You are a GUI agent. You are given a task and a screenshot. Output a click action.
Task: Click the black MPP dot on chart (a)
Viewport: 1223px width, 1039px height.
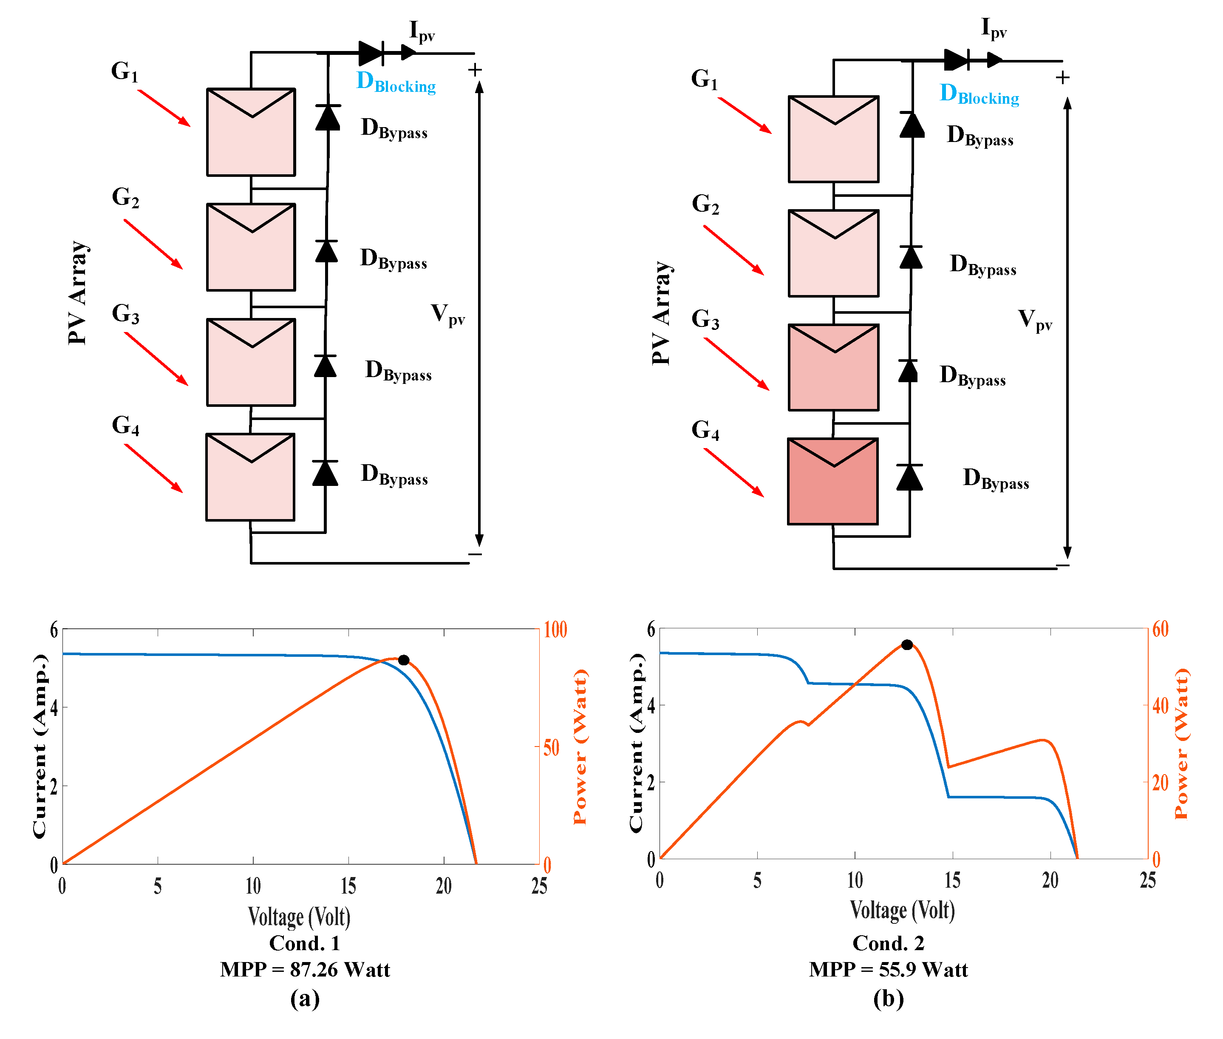click(x=403, y=660)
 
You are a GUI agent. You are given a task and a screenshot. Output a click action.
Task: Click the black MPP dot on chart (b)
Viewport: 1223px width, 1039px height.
click(x=907, y=645)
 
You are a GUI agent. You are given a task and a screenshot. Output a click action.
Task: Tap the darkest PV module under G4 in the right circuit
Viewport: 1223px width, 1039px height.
click(x=832, y=481)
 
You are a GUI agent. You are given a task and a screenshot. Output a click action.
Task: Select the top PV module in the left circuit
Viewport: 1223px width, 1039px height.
click(x=251, y=132)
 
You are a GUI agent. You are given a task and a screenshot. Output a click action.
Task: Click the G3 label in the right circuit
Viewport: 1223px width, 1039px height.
click(x=705, y=319)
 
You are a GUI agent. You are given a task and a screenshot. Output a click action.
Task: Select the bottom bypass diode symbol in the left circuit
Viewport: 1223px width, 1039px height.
click(x=325, y=473)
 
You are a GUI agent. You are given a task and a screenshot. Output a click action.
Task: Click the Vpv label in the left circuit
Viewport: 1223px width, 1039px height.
click(x=447, y=315)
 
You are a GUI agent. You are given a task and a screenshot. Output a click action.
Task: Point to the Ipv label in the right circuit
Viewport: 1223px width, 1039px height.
click(x=994, y=28)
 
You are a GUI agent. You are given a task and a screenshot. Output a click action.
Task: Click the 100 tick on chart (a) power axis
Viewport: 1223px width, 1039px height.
click(x=555, y=630)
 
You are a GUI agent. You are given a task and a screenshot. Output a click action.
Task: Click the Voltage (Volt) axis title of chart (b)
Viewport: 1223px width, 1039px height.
click(x=902, y=911)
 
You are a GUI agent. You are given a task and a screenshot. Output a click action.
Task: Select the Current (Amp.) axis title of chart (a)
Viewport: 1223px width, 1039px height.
click(x=40, y=746)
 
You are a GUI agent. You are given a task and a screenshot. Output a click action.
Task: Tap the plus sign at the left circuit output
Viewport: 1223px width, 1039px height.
click(x=475, y=70)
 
